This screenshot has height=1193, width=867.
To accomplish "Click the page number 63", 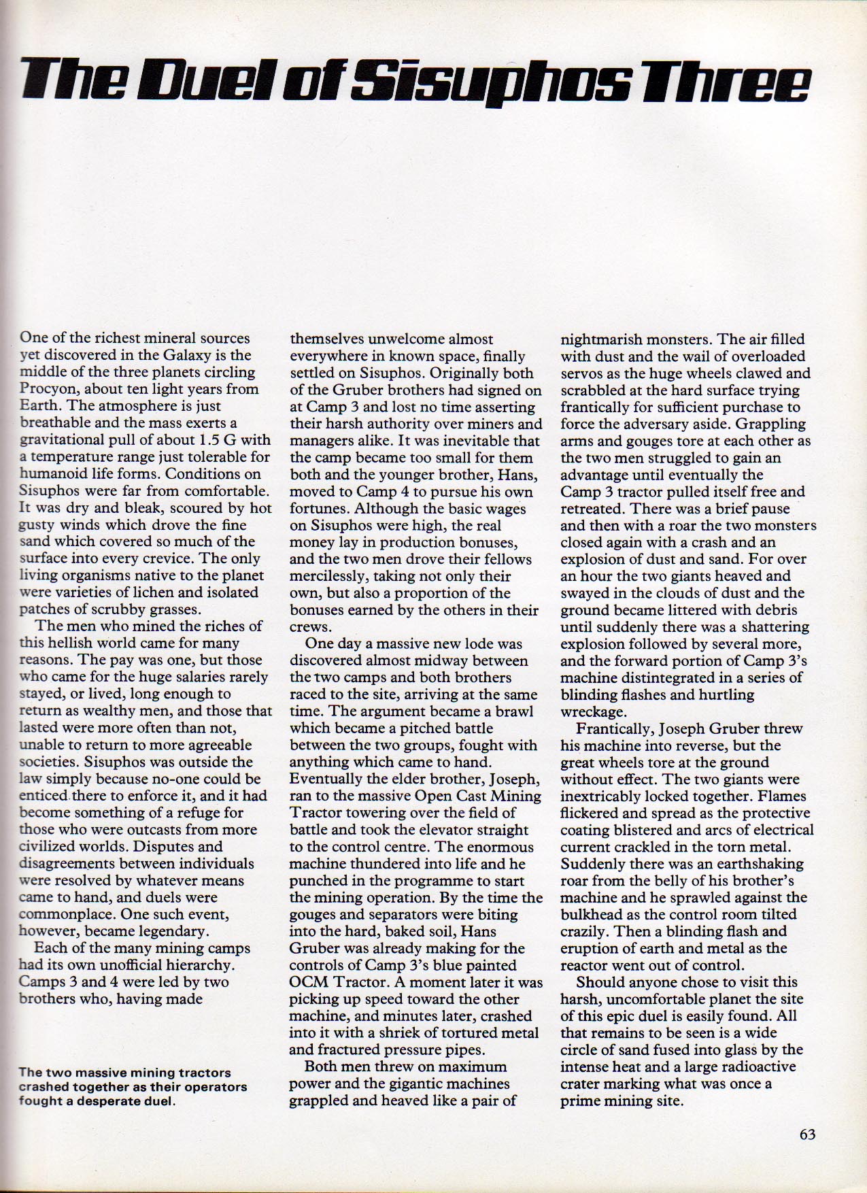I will tap(806, 1134).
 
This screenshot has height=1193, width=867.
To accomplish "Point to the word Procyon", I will tap(50, 390).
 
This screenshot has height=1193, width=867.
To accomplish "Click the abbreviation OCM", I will tap(309, 982).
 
